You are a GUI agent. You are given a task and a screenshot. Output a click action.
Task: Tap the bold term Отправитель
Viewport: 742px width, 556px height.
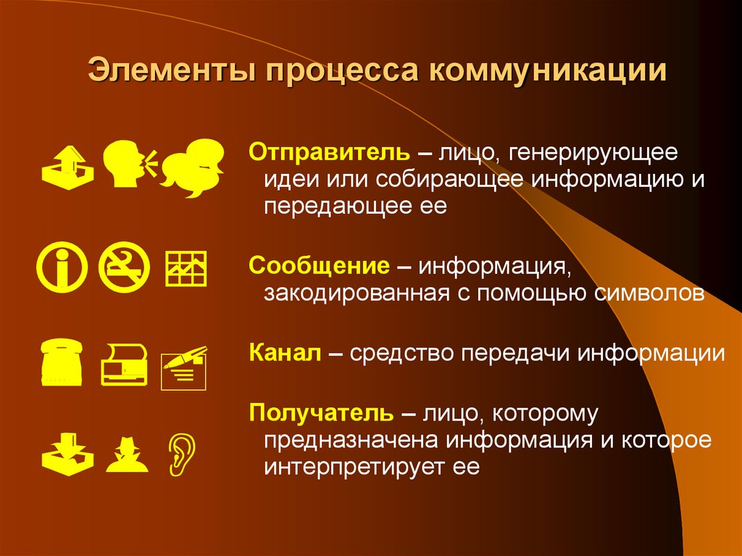click(330, 153)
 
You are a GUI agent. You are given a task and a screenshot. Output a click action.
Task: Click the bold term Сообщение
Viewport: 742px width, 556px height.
click(319, 265)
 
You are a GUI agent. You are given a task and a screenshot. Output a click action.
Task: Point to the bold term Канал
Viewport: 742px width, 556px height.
click(285, 353)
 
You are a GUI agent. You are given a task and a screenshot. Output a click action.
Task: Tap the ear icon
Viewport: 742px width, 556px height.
click(177, 455)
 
